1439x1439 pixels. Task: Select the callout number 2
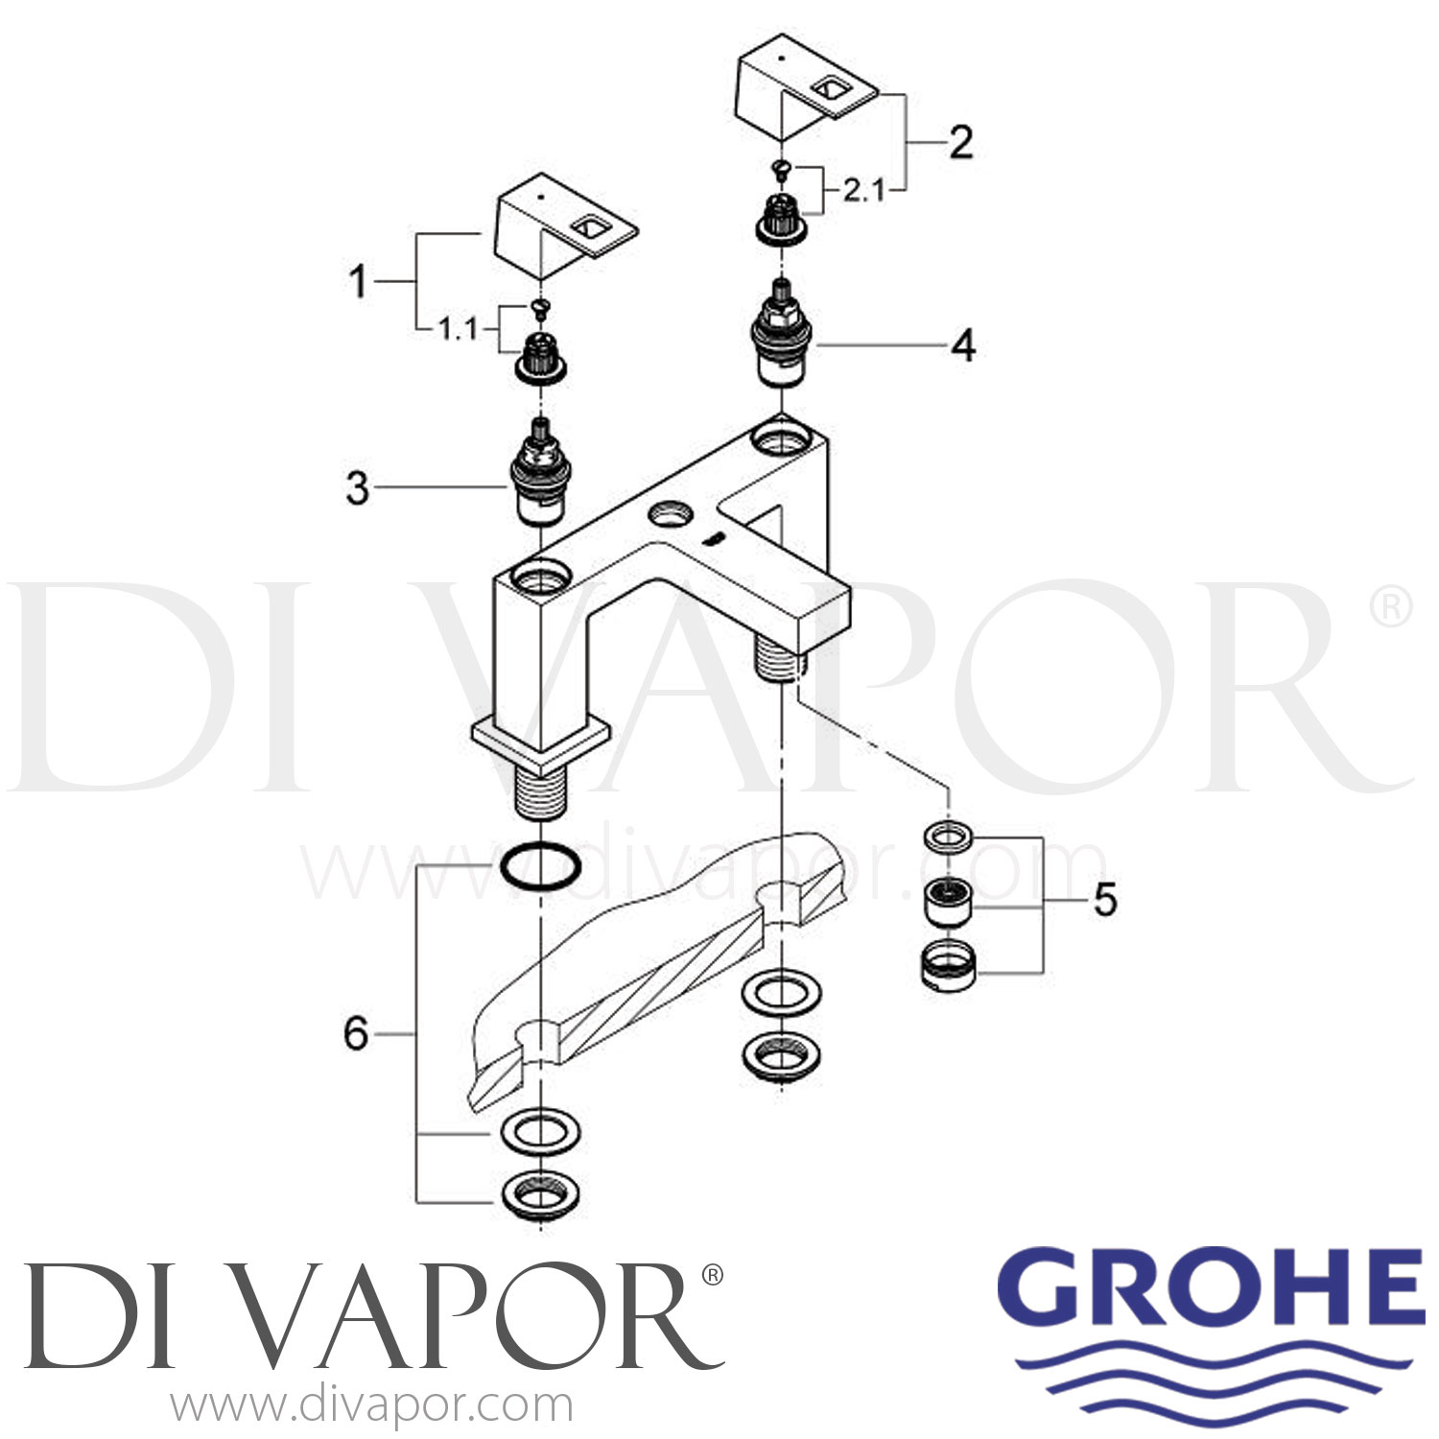960,142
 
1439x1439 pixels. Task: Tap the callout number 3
357,488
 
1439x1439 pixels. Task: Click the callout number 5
1105,900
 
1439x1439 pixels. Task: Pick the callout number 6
356,1034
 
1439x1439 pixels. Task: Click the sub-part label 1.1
458,330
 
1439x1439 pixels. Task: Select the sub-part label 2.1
863,191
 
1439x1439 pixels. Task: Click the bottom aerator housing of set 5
948,966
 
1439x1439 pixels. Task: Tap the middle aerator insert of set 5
948,899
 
